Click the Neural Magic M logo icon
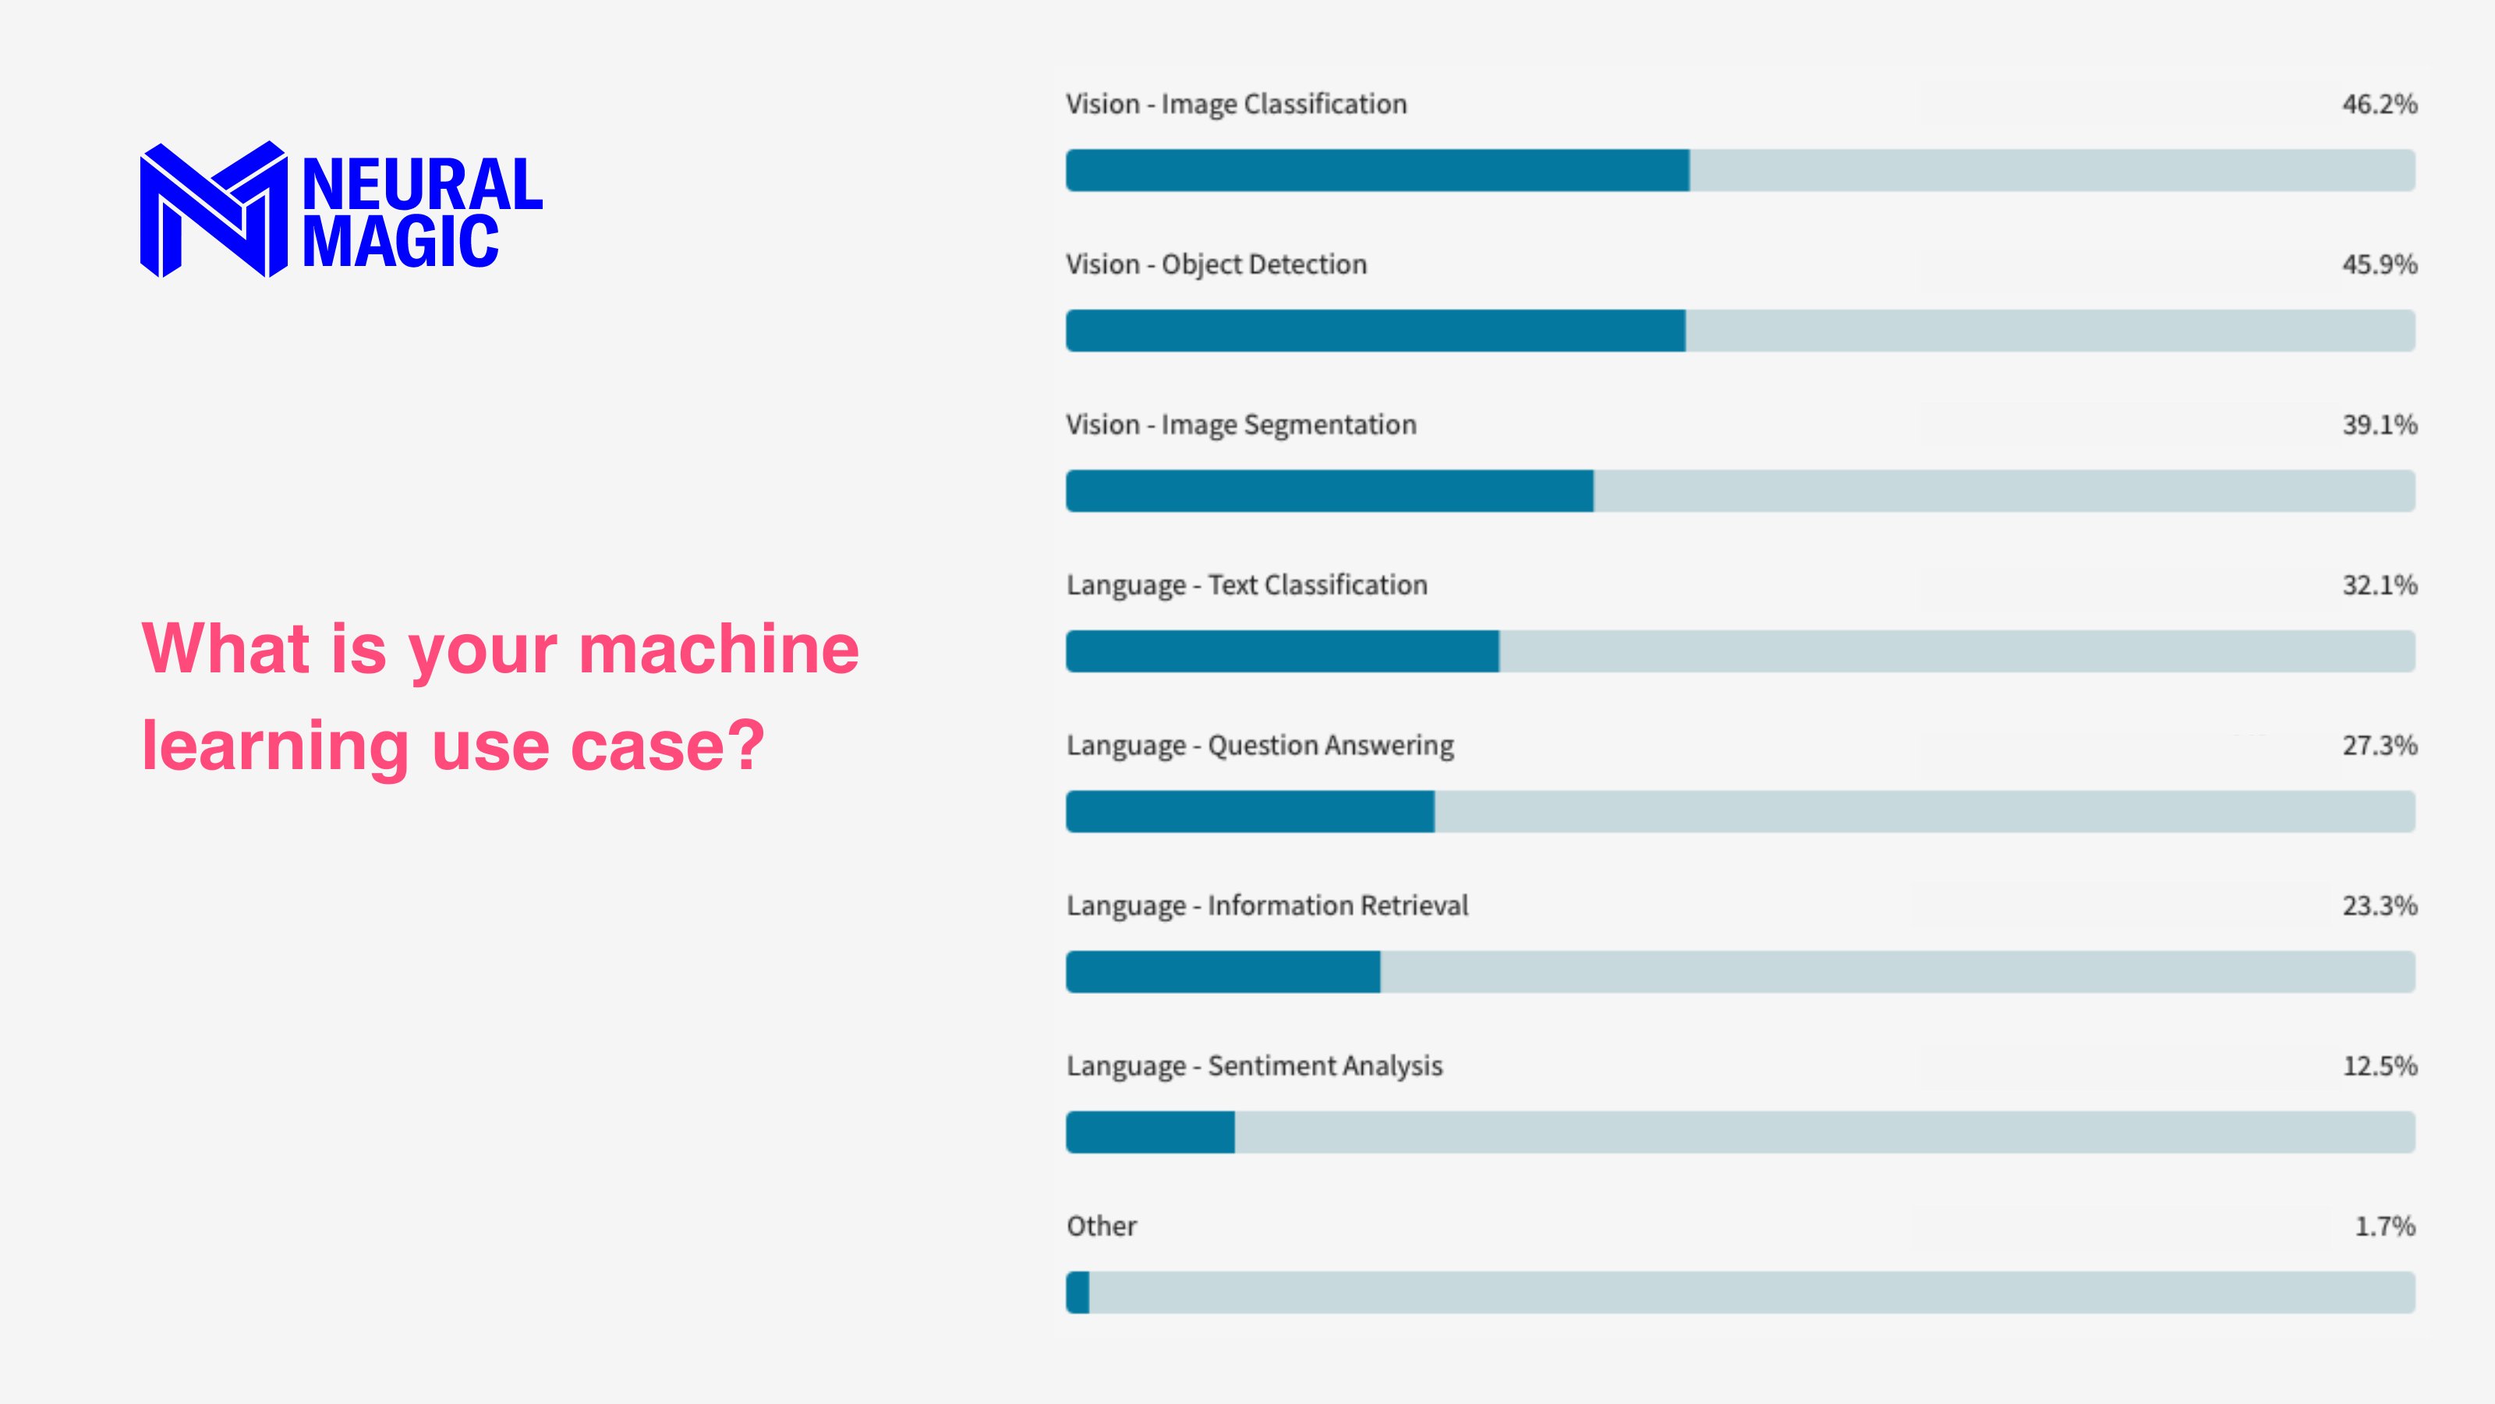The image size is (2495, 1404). [x=213, y=209]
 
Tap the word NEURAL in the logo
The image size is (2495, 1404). [x=423, y=184]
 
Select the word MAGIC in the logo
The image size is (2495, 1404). [x=400, y=243]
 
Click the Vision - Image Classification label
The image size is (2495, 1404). [x=1236, y=105]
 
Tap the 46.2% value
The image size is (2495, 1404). [x=2379, y=105]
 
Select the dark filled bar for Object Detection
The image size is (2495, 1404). [x=1375, y=331]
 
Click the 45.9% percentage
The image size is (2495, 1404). [x=2379, y=264]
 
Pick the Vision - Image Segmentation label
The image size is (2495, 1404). [x=1240, y=425]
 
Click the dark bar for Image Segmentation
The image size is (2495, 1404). [x=1329, y=491]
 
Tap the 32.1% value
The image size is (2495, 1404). [x=2379, y=585]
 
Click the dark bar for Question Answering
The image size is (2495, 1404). [x=1249, y=812]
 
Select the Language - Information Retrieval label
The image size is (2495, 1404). [x=1267, y=906]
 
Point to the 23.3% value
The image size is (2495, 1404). [x=2379, y=906]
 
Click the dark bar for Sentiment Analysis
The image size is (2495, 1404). [x=1150, y=1133]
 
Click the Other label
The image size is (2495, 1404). [x=1101, y=1227]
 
